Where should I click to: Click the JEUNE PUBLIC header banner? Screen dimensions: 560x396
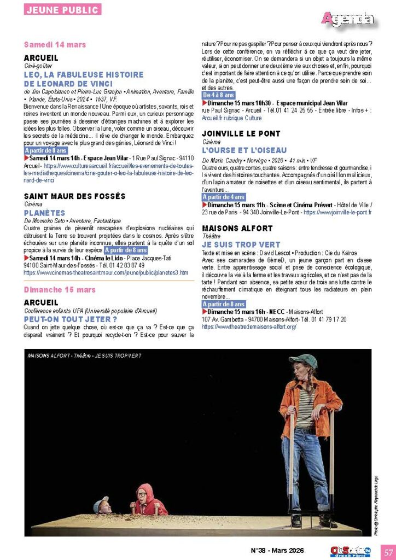tap(62, 9)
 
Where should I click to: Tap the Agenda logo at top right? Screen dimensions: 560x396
tap(348, 20)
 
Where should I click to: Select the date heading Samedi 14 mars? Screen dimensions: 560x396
tap(55, 44)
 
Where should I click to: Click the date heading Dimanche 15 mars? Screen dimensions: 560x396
tap(60, 289)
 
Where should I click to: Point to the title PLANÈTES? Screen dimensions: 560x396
tap(44, 213)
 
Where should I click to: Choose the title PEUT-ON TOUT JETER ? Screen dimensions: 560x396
tap(71, 319)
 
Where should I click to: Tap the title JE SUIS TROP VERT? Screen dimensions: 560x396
tap(241, 244)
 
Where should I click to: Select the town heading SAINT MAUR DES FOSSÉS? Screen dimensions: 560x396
tap(75, 196)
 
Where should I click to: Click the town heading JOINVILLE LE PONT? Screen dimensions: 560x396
tap(241, 133)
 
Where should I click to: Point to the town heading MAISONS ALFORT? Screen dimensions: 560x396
tap(237, 228)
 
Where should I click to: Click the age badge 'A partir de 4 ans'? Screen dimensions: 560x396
tap(223, 197)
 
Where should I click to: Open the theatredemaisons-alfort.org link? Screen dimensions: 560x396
tap(249, 326)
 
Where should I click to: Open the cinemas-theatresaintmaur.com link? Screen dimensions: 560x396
tap(106, 272)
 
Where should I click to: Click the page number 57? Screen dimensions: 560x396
tap(388, 551)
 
